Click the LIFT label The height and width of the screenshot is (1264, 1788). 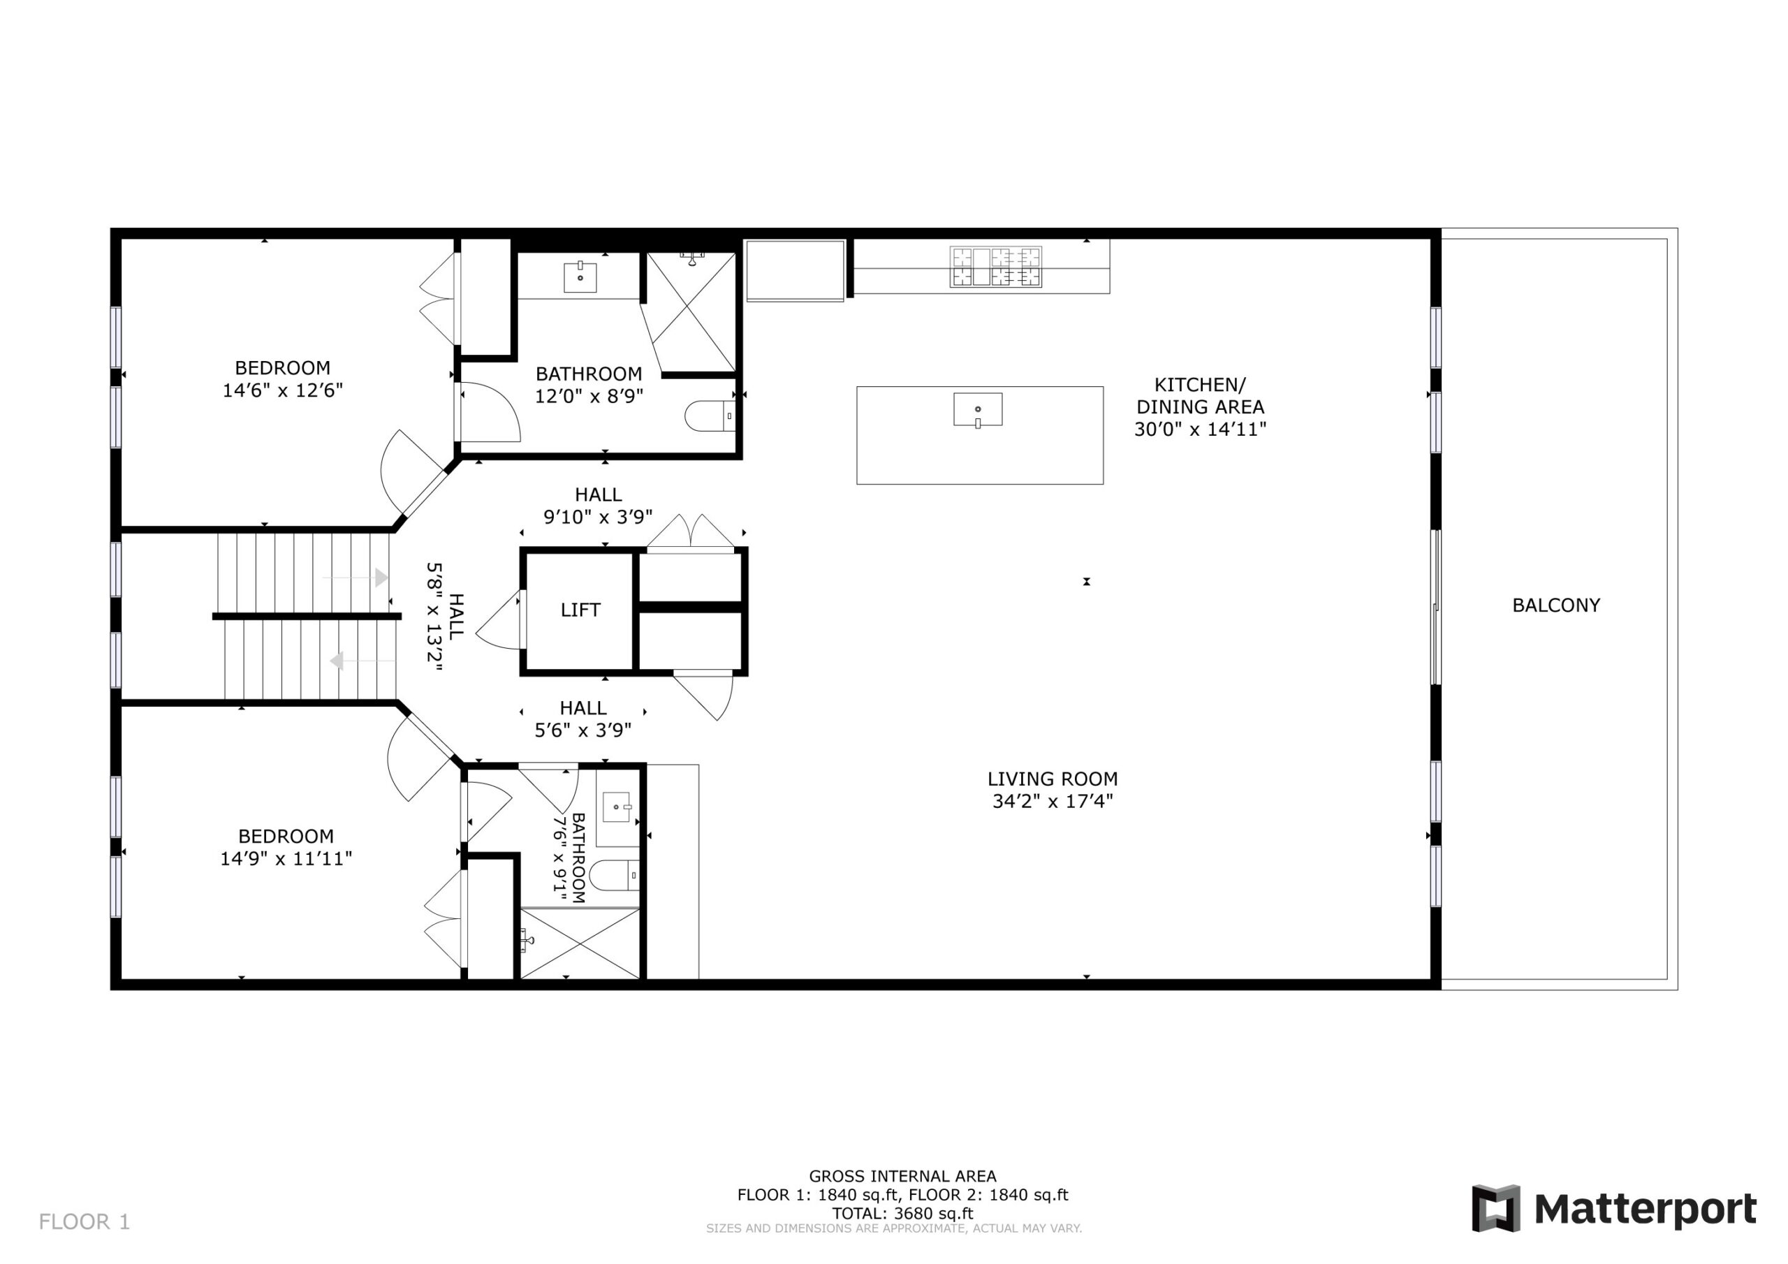click(x=580, y=610)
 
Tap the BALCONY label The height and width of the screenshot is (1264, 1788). click(x=1556, y=605)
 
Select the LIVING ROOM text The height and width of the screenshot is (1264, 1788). click(x=1052, y=779)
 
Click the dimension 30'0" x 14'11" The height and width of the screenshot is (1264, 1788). click(x=1200, y=429)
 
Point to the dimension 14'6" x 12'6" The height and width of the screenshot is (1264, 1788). click(x=283, y=390)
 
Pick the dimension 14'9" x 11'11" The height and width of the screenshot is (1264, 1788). click(x=286, y=858)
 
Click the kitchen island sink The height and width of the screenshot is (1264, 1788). click(x=978, y=410)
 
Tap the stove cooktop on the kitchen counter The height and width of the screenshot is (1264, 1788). click(x=995, y=267)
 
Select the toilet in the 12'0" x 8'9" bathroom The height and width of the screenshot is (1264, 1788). click(x=710, y=416)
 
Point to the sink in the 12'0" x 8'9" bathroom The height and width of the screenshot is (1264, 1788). click(x=580, y=277)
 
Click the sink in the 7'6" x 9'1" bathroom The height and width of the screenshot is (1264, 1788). click(x=616, y=807)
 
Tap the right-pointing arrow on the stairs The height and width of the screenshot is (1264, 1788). click(x=355, y=577)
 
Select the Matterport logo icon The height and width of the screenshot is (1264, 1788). click(x=1495, y=1209)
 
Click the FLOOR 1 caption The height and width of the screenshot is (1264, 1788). click(x=84, y=1222)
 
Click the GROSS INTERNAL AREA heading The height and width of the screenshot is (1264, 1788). click(x=902, y=1176)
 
